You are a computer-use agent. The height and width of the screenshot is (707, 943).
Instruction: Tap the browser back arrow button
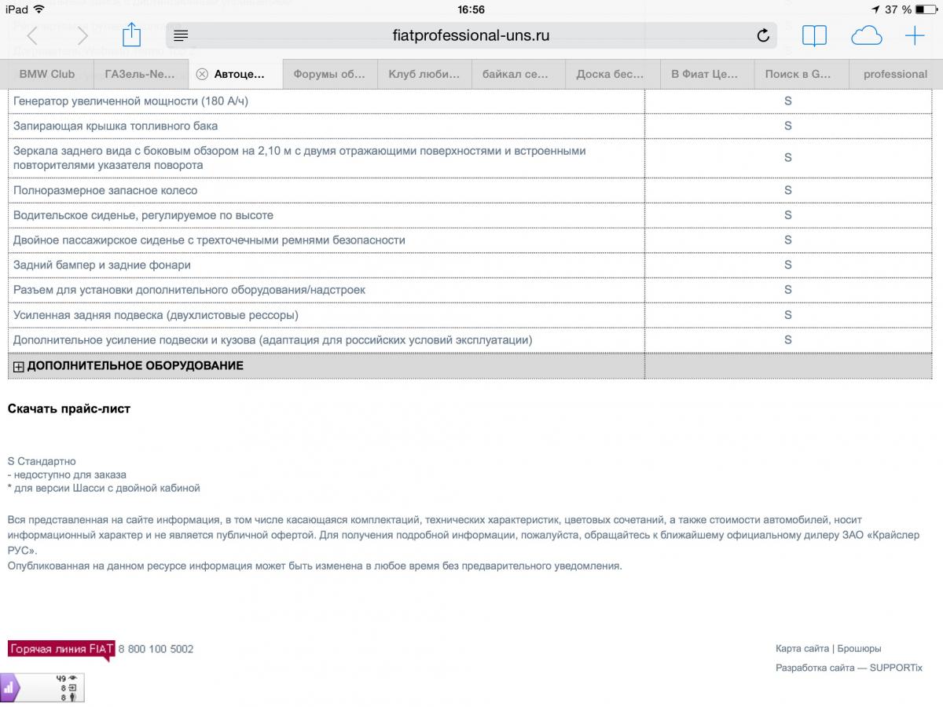pos(32,36)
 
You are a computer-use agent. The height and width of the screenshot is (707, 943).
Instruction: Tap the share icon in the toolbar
pos(131,35)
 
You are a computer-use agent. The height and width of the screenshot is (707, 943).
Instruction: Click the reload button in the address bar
pos(762,36)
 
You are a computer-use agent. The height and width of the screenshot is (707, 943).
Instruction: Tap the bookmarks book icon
pos(814,36)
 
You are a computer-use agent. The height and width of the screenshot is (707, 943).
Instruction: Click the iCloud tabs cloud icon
pos(866,36)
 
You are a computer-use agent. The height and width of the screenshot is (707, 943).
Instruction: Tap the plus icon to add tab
pos(915,36)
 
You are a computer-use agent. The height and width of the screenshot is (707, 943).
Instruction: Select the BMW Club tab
pos(47,74)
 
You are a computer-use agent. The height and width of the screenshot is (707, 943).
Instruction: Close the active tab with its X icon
pos(202,74)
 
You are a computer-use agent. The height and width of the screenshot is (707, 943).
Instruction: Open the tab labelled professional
pos(895,74)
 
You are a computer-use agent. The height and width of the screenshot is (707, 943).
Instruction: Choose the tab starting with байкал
pos(515,74)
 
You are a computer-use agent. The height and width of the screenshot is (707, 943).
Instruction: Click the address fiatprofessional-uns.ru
pos(471,35)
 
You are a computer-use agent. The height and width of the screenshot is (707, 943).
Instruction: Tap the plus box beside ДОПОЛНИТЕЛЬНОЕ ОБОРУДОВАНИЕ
pos(19,366)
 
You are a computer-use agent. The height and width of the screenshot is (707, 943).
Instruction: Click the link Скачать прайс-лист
pos(69,408)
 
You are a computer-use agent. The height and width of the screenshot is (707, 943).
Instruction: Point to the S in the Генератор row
pos(787,101)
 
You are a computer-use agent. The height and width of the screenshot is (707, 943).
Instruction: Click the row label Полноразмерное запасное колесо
pos(105,191)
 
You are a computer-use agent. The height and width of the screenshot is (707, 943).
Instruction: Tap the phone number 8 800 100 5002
pos(156,649)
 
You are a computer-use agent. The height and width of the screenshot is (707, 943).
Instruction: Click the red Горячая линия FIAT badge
pos(61,649)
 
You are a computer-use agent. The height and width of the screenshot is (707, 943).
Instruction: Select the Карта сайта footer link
pos(802,649)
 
